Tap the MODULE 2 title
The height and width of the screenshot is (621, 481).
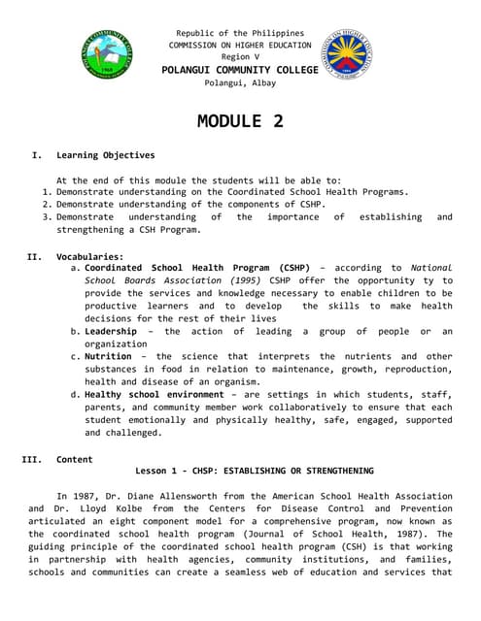pos(240,121)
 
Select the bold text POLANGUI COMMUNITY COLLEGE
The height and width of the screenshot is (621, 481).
pos(239,70)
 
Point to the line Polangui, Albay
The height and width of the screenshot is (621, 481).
pos(240,82)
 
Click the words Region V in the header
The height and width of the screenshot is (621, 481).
pos(240,57)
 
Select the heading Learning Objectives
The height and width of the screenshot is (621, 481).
pos(105,155)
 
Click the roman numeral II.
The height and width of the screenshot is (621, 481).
pos(31,256)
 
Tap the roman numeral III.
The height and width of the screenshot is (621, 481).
pos(31,459)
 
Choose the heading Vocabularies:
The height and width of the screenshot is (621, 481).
pos(89,256)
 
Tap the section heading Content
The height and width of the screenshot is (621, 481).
pos(75,459)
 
